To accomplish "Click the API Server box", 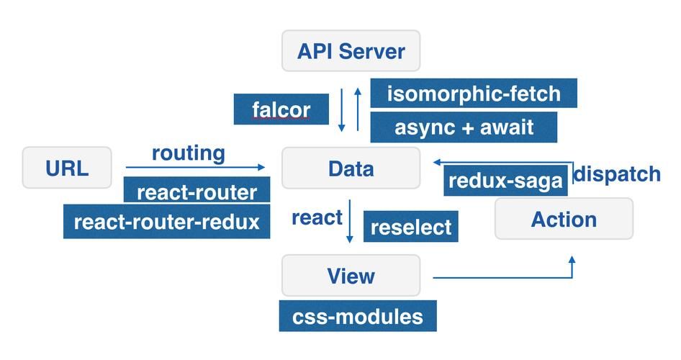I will (x=351, y=51).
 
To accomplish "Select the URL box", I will (x=67, y=168).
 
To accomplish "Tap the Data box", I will (x=351, y=168).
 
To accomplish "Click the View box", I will (x=351, y=275).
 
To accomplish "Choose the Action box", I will (x=564, y=219).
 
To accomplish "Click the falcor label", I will (x=281, y=109).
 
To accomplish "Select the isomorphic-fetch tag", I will (x=474, y=94).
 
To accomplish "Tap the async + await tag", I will (x=464, y=127).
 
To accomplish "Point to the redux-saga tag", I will (x=505, y=181).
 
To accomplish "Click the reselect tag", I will (x=411, y=227).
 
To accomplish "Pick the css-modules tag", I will (x=358, y=316).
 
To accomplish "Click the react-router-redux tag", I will (x=166, y=221).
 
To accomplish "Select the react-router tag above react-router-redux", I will (x=197, y=192).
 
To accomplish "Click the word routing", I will (x=188, y=153).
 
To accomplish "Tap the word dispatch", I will (x=617, y=174).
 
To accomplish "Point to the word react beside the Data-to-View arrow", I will (x=317, y=217).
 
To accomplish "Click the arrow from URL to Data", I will (x=194, y=168).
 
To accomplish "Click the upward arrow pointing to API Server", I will (x=358, y=109).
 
